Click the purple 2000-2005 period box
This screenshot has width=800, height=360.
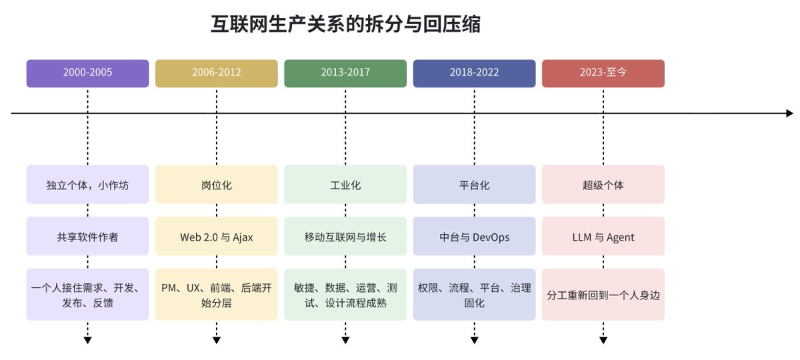click(87, 73)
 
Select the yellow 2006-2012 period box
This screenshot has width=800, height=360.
click(217, 73)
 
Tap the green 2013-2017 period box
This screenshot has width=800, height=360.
click(345, 73)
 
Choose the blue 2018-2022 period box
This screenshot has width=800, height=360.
click(474, 73)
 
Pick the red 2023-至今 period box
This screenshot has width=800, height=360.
click(603, 73)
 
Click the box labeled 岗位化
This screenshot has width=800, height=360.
click(217, 184)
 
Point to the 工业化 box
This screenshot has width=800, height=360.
click(345, 184)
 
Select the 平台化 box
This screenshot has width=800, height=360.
click(474, 184)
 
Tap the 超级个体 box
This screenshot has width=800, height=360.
click(603, 184)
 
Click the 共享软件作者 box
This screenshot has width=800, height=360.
click(87, 236)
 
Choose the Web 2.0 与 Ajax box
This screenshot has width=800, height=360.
click(217, 236)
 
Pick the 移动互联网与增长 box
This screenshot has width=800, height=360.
click(345, 236)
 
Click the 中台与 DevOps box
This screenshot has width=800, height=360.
click(474, 236)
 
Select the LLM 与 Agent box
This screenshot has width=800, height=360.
click(603, 236)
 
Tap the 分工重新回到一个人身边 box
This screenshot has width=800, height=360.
click(603, 295)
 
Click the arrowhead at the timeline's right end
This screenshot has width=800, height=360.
click(789, 113)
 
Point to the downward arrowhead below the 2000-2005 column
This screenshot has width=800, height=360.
click(87, 341)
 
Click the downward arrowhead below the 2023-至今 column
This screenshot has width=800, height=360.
click(603, 341)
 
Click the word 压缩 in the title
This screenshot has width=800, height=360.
click(461, 24)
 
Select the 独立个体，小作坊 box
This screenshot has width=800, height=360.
click(87, 184)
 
